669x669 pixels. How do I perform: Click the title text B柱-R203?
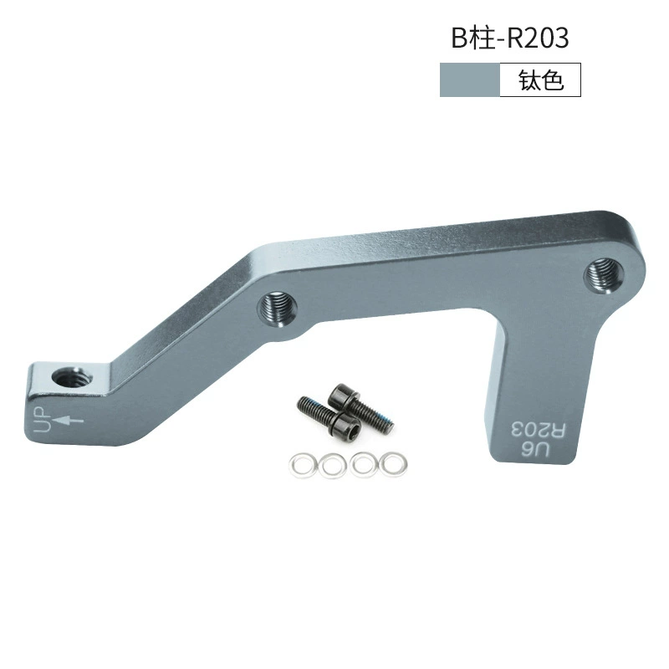click(510, 38)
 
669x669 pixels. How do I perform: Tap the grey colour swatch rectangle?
click(470, 79)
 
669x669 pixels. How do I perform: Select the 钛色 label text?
click(541, 79)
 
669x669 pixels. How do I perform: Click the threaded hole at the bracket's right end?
click(602, 275)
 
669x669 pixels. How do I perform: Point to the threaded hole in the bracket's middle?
click(278, 309)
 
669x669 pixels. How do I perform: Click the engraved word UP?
click(43, 420)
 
